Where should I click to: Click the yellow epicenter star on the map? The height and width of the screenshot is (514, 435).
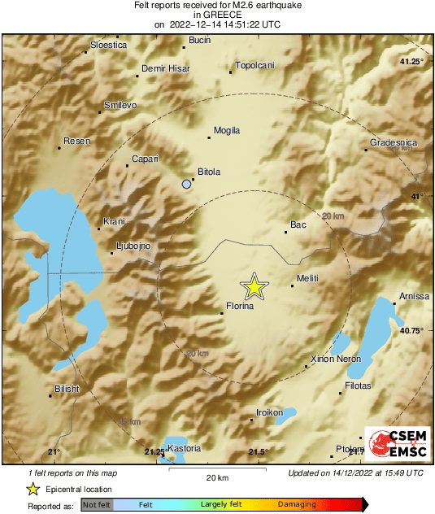click(254, 286)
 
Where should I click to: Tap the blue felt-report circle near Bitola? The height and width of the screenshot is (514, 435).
click(187, 185)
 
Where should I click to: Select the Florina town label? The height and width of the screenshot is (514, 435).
click(240, 307)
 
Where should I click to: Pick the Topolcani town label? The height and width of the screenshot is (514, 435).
click(254, 65)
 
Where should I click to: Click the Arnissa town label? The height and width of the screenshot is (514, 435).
click(414, 296)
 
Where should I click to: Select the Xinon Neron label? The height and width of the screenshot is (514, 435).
click(336, 359)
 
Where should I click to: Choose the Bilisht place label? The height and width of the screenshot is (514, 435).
click(67, 389)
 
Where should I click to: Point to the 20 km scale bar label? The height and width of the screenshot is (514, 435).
click(217, 477)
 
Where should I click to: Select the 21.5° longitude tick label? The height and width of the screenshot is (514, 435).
click(258, 452)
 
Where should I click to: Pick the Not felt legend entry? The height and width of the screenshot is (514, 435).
click(96, 505)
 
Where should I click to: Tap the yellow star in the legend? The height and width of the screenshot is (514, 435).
click(33, 489)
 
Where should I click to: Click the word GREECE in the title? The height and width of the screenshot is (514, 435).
click(217, 15)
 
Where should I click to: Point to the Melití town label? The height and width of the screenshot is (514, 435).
click(307, 279)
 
